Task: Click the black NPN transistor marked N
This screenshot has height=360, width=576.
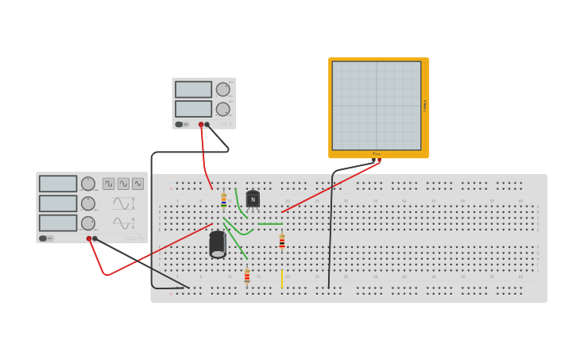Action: [x=253, y=199]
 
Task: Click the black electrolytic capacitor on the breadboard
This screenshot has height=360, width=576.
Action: [x=218, y=244]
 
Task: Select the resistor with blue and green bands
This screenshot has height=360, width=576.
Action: [x=224, y=199]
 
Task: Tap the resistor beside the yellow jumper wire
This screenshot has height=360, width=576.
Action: [x=247, y=277]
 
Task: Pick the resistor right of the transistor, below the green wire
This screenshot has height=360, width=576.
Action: [x=282, y=241]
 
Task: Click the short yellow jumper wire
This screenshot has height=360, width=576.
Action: [x=281, y=279]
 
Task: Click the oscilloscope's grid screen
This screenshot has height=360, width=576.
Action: [x=377, y=105]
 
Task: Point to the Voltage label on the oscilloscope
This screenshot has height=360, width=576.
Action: [x=425, y=105]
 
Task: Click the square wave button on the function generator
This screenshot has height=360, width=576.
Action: [x=109, y=184]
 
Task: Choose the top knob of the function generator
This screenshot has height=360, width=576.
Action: [x=88, y=184]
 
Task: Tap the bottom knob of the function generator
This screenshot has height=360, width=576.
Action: [x=88, y=223]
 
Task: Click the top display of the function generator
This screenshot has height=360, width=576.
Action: [x=58, y=184]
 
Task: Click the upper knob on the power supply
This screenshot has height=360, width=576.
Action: [x=223, y=89]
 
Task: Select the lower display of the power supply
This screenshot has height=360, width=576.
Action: [x=193, y=109]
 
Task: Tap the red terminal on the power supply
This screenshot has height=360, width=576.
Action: [x=201, y=124]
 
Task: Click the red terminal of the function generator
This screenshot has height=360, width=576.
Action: [x=89, y=238]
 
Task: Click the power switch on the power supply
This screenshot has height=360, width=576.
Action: [x=180, y=124]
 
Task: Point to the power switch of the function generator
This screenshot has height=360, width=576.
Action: [x=43, y=238]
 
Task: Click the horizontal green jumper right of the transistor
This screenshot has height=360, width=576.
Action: [x=270, y=224]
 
